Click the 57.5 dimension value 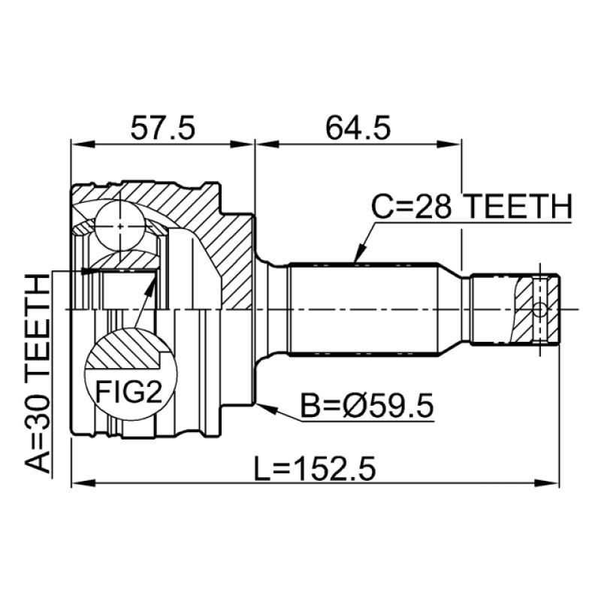[162, 128]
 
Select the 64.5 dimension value [358, 128]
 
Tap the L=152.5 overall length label [315, 469]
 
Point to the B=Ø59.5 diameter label [367, 406]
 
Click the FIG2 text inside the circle [128, 391]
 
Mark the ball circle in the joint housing [120, 227]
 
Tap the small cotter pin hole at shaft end [539, 310]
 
